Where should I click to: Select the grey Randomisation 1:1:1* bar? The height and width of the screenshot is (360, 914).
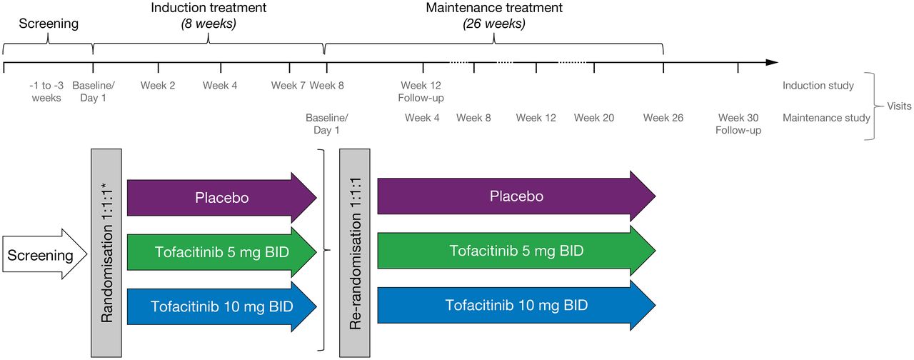click(106, 253)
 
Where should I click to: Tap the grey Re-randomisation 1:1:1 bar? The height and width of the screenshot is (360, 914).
click(355, 253)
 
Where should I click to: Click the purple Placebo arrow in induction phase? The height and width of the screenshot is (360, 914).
click(222, 198)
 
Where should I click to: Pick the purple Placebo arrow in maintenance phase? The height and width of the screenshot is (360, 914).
click(516, 196)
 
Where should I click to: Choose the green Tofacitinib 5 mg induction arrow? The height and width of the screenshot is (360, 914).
click(222, 252)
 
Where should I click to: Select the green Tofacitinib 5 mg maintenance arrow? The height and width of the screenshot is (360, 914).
click(516, 251)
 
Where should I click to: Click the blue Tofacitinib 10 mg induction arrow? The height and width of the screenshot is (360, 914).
click(222, 306)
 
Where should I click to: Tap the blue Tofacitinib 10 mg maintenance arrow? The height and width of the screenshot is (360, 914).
click(516, 305)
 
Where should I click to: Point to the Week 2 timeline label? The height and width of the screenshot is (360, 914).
click(158, 85)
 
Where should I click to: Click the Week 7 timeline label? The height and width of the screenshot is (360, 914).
click(288, 85)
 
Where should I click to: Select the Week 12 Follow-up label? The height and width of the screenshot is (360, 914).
click(421, 91)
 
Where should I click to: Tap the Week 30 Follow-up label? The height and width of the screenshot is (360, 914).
click(738, 124)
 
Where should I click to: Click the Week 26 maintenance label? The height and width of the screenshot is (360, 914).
click(663, 118)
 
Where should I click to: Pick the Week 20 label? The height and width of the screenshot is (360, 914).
click(594, 118)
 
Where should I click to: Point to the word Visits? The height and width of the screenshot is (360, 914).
click(899, 106)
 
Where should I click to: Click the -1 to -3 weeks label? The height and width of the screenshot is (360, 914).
click(46, 91)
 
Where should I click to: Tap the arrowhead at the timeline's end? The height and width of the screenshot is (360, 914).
click(772, 62)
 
